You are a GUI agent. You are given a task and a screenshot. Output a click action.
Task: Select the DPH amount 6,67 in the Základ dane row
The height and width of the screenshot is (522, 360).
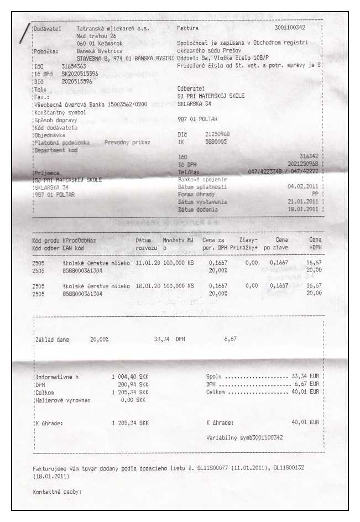231,339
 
